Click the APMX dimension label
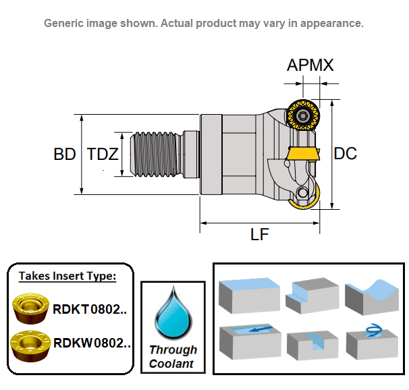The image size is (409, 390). (x=310, y=65)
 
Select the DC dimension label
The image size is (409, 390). (x=345, y=154)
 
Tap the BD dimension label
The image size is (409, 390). (x=65, y=154)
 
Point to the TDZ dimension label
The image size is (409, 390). (x=103, y=154)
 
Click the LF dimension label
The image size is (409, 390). (x=260, y=234)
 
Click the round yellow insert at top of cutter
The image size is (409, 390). (x=303, y=115)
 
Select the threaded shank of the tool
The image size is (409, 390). (x=156, y=154)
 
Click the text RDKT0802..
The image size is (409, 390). (x=90, y=310)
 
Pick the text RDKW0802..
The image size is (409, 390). (x=92, y=343)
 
